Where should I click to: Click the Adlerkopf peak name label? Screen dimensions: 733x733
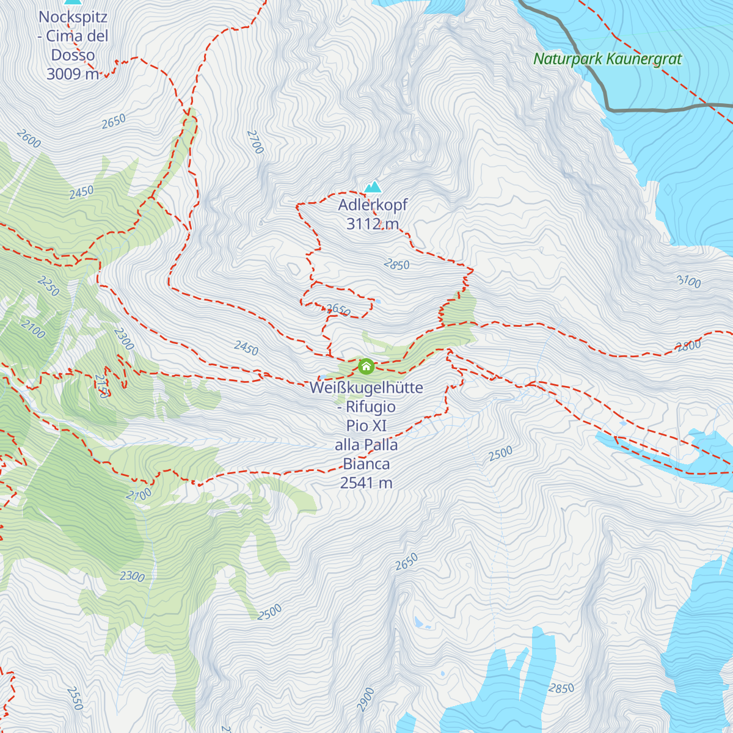(373, 205)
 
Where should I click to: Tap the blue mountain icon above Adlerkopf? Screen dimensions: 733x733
(373, 186)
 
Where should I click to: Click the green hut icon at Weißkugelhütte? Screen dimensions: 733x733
(366, 366)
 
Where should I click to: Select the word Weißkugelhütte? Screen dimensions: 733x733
(366, 388)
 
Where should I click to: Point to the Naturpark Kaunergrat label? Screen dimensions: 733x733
(607, 59)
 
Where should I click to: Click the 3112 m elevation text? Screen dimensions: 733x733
(372, 224)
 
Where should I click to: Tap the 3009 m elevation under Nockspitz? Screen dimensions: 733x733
(72, 74)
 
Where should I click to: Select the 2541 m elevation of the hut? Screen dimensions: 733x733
(366, 483)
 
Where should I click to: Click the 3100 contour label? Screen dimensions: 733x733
(688, 281)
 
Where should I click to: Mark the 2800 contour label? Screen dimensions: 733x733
(688, 346)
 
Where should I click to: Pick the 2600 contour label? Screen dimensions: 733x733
(29, 139)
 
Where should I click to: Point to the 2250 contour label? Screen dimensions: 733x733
(49, 286)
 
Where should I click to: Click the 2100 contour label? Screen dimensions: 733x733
(33, 329)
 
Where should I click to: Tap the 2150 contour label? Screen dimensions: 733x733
(101, 386)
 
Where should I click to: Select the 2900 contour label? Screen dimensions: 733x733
(366, 699)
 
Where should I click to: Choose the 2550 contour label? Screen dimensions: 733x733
(75, 698)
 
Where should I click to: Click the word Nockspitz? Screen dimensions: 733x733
(73, 17)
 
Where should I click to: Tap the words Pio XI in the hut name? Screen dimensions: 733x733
(366, 426)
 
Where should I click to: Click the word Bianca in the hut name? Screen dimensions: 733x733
(366, 464)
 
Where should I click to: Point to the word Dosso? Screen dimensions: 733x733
(73, 55)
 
